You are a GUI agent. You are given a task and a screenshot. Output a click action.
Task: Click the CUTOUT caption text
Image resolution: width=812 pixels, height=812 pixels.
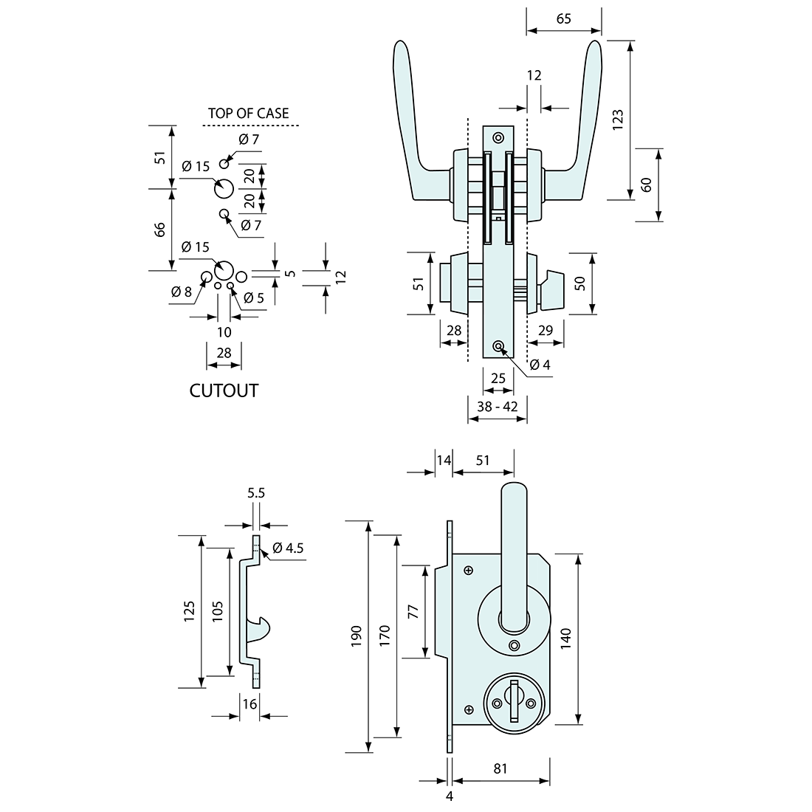[x=224, y=390]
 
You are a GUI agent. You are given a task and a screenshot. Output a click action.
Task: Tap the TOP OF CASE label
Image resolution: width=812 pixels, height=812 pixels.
[x=248, y=113]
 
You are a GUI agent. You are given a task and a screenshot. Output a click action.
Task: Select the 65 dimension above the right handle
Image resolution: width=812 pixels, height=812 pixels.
[x=563, y=19]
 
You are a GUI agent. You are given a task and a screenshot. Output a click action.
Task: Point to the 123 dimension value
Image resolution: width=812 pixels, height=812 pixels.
[x=619, y=120]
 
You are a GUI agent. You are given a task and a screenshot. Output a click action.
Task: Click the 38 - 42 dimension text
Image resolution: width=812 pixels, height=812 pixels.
[x=497, y=406]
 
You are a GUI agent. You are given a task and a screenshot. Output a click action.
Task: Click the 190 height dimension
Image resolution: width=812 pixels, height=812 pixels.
[x=357, y=636]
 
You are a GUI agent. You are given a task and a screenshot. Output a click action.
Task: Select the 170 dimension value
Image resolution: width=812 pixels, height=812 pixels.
[x=385, y=636]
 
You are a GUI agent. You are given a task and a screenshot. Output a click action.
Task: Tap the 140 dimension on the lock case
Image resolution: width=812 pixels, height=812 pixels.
[x=565, y=638]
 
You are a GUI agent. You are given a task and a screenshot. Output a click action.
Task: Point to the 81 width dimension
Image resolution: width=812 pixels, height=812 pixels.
[x=500, y=768]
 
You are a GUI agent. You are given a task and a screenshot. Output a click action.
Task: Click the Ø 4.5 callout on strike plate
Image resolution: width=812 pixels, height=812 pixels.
[x=288, y=548]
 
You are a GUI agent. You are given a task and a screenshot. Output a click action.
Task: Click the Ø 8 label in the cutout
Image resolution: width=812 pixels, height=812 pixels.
[x=181, y=292]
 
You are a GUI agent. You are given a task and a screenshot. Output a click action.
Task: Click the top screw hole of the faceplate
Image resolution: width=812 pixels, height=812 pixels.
[x=498, y=137]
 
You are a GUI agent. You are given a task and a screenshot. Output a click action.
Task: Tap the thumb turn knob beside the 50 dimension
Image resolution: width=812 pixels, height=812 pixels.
[x=551, y=283]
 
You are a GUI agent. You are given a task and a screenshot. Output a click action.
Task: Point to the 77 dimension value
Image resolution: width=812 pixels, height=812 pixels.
[x=413, y=611]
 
